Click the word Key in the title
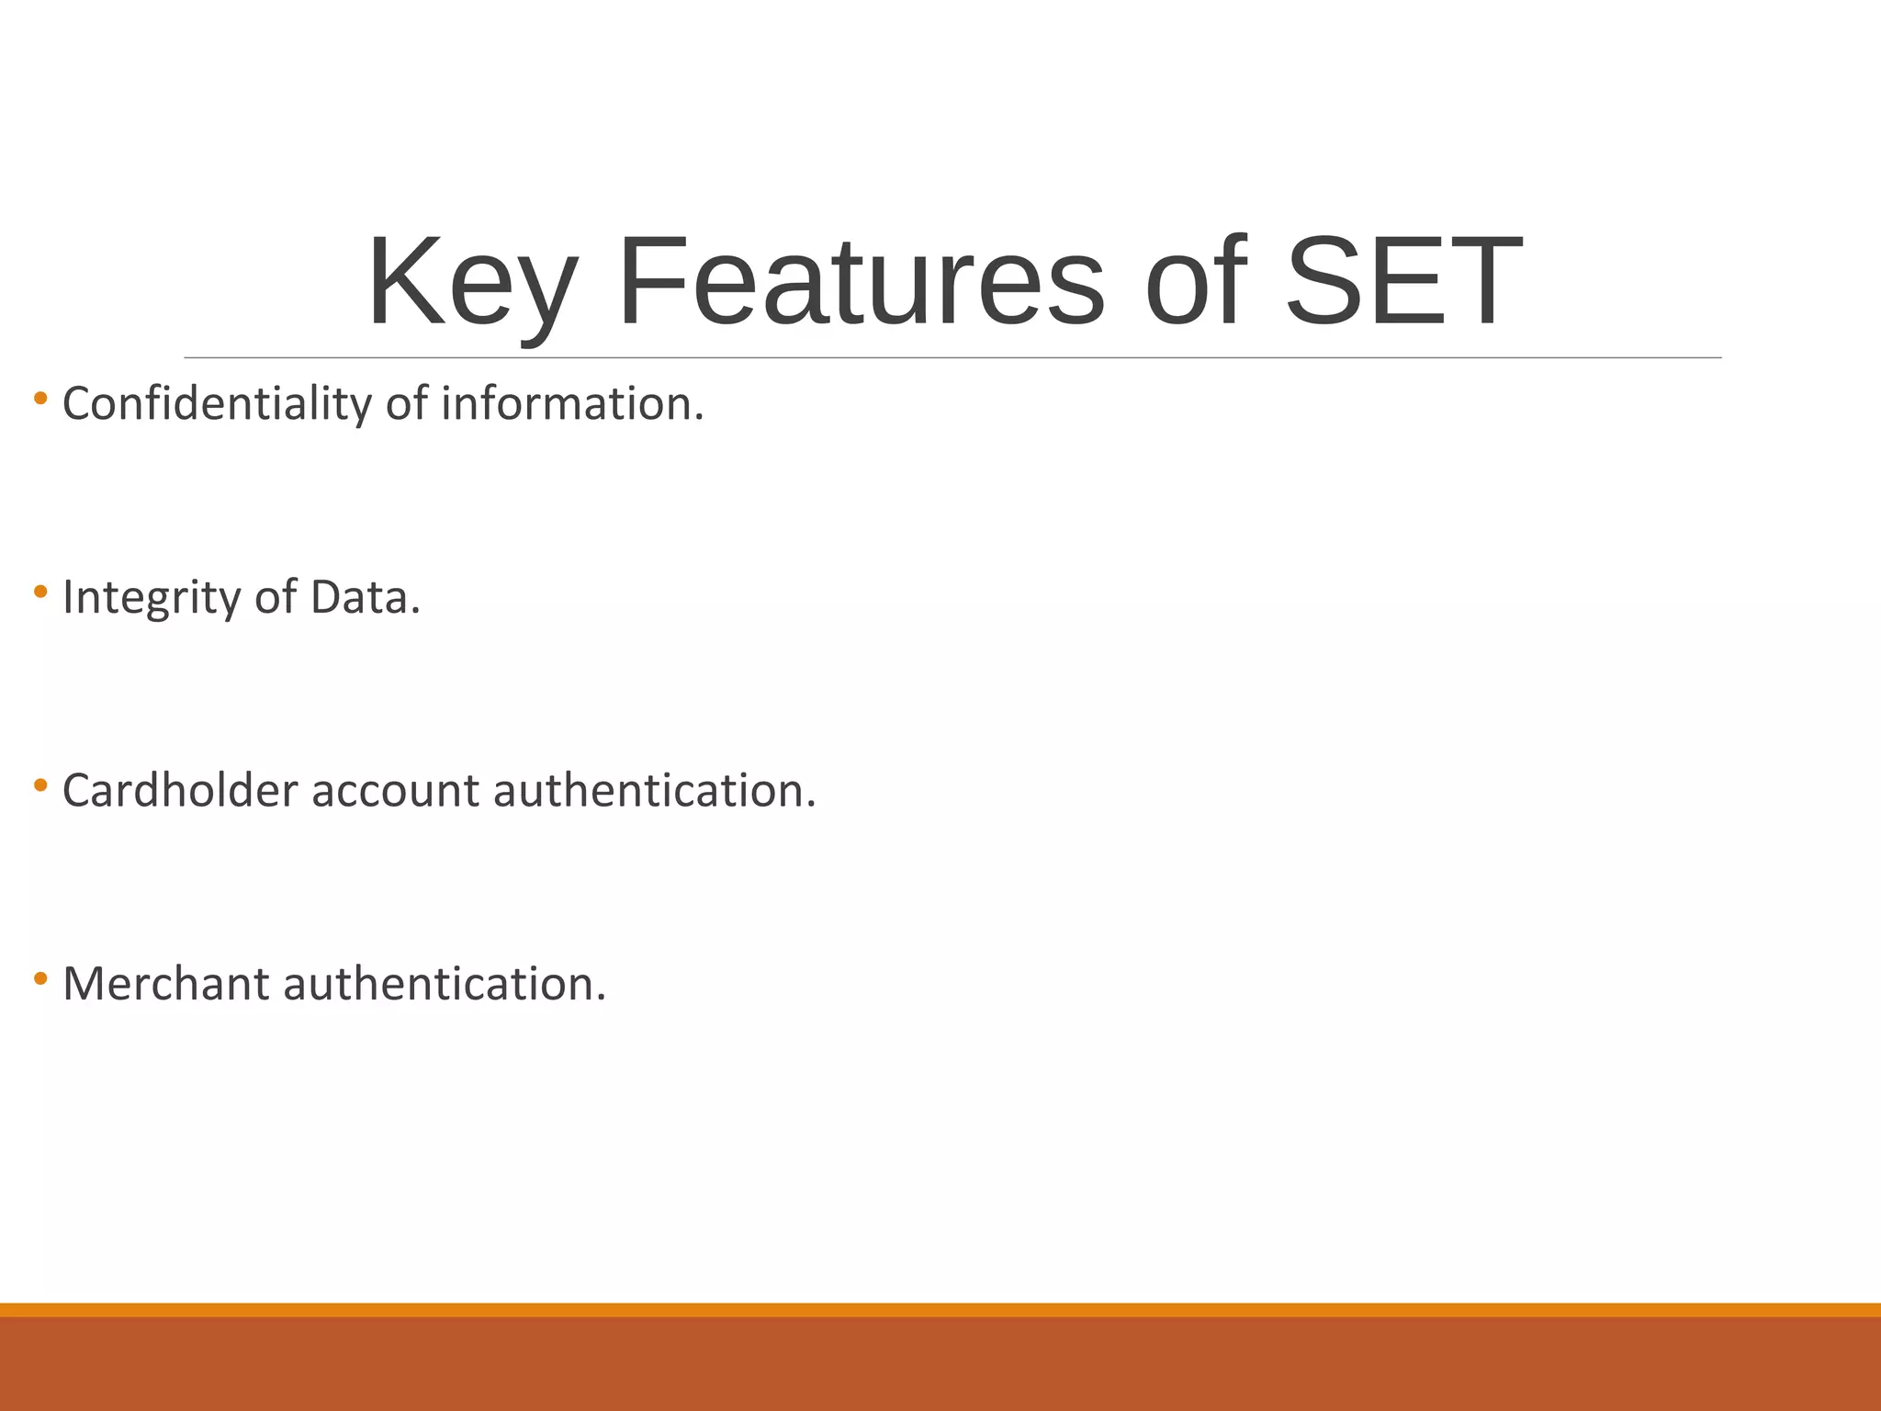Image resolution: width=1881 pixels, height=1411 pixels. pyautogui.click(x=473, y=285)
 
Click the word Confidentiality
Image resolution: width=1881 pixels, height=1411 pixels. pyautogui.click(x=217, y=405)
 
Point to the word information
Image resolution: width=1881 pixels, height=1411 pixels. pyautogui.click(x=572, y=405)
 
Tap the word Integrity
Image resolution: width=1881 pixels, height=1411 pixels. pyautogui.click(x=151, y=598)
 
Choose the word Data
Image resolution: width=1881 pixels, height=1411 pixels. pyautogui.click(x=365, y=598)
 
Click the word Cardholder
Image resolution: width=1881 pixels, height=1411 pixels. pyautogui.click(x=180, y=791)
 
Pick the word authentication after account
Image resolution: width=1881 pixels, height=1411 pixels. pyautogui.click(x=654, y=791)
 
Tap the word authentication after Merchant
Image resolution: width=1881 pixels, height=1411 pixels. pyautogui.click(x=445, y=984)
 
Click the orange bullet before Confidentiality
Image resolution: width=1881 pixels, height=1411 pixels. pyautogui.click(x=40, y=399)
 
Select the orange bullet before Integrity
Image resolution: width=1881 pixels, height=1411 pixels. pyautogui.click(x=40, y=593)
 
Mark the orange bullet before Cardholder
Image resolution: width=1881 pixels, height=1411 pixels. pyautogui.click(x=40, y=785)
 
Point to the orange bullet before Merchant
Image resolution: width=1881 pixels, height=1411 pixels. pyautogui.click(x=40, y=978)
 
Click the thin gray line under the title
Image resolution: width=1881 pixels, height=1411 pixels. pyautogui.click(x=952, y=357)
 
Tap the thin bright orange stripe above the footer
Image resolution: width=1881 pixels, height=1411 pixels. pyautogui.click(x=940, y=1309)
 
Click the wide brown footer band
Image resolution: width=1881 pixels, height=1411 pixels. pyautogui.click(x=940, y=1364)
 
